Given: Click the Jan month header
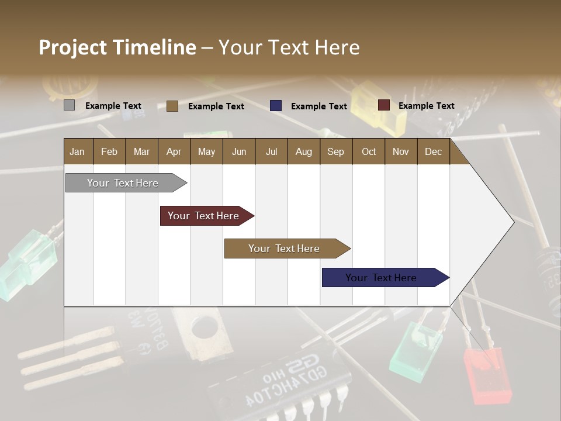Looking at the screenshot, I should click(x=77, y=151).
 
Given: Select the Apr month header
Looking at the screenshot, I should click(x=174, y=151).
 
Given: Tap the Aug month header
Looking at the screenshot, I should click(x=303, y=151).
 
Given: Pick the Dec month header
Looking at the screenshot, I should click(x=433, y=151).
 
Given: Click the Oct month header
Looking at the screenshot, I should click(x=368, y=151).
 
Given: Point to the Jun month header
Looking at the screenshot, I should click(x=238, y=151).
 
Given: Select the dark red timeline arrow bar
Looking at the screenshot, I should click(x=205, y=216).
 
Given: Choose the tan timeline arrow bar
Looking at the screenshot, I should click(x=285, y=249).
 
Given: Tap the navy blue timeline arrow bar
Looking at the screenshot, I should click(x=382, y=278).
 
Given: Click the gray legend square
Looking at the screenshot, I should click(x=69, y=105).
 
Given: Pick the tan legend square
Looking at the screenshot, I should click(x=172, y=106).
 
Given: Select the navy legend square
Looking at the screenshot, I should click(x=276, y=106).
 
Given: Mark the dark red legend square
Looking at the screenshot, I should click(x=383, y=105).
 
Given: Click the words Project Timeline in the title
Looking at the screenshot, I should click(x=117, y=47).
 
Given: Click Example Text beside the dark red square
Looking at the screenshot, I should click(x=426, y=106).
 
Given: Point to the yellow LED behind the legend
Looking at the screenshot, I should click(x=383, y=108).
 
